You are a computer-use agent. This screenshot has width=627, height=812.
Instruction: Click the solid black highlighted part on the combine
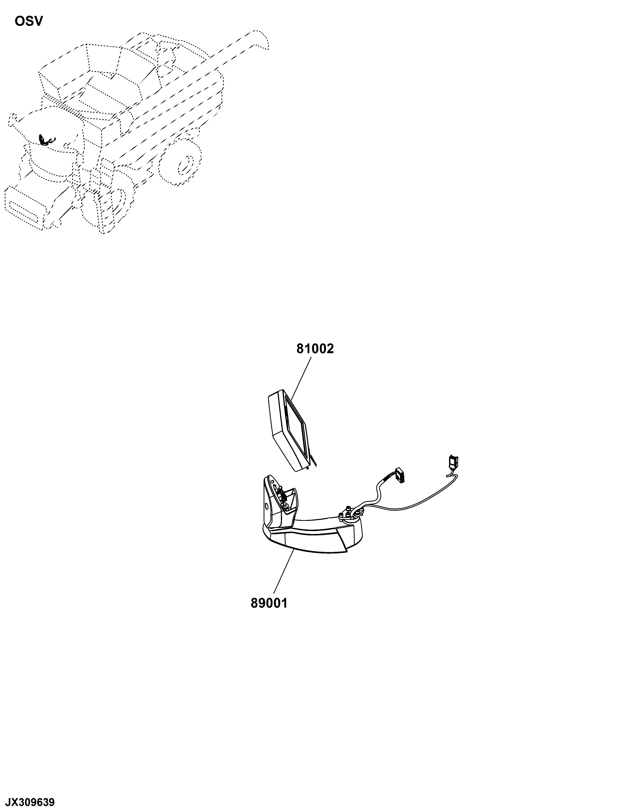pos(45,139)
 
